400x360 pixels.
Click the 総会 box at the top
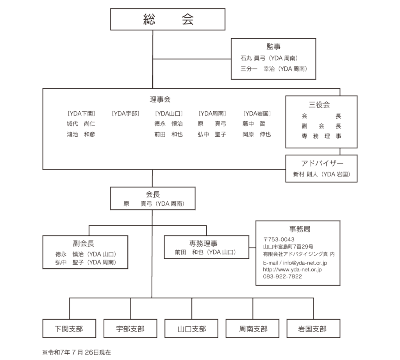click(168, 20)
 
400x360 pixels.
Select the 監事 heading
click(273, 46)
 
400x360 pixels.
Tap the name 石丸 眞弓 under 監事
click(253, 58)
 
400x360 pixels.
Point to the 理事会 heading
click(160, 100)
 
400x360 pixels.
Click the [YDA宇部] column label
click(125, 114)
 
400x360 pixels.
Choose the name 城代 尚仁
click(81, 124)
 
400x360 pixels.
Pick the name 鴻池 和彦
click(81, 134)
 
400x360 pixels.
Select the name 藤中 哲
click(254, 124)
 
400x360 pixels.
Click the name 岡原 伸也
click(256, 134)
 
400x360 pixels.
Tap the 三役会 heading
click(319, 105)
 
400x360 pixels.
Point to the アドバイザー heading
click(321, 163)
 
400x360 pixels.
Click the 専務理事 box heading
click(206, 243)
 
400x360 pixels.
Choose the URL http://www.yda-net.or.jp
click(292, 269)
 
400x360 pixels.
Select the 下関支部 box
click(69, 329)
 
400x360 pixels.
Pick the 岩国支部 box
click(312, 329)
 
